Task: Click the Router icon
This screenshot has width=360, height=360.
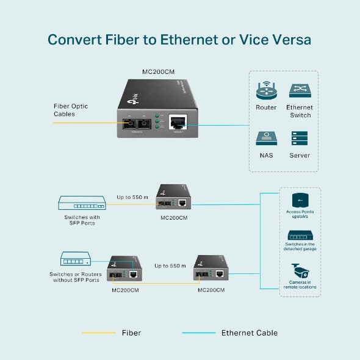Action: [266, 90]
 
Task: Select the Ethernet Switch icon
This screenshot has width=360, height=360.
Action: [300, 90]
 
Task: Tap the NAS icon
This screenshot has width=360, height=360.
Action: [266, 137]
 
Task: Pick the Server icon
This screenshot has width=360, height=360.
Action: [300, 137]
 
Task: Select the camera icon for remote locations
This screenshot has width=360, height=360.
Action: [299, 270]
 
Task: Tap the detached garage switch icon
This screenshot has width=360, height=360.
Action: [299, 236]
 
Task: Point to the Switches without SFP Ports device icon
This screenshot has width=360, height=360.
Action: [76, 260]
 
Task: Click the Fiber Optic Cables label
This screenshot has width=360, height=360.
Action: [71, 110]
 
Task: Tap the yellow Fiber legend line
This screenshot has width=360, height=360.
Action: [99, 333]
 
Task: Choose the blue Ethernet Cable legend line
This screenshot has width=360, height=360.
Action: [199, 333]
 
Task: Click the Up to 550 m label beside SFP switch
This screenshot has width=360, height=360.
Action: [133, 197]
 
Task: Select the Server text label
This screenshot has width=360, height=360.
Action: [300, 156]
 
